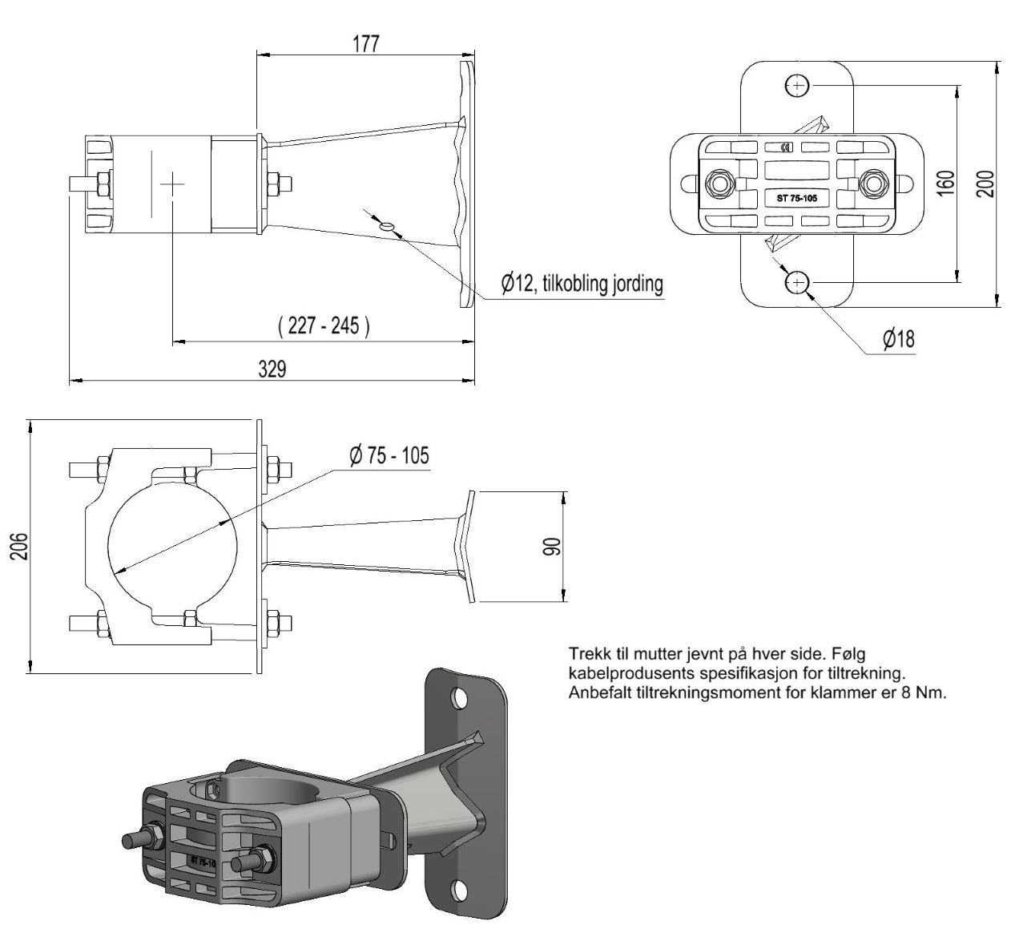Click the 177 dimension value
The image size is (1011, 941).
(x=366, y=43)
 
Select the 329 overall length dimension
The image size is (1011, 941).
(x=272, y=369)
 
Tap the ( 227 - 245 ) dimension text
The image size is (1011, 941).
(x=324, y=325)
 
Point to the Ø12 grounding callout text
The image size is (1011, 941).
(x=582, y=283)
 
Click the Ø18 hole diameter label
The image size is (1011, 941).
(x=899, y=339)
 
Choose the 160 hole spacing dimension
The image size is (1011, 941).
(x=945, y=184)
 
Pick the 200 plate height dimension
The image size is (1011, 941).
(x=985, y=184)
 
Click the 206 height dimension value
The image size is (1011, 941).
(x=20, y=546)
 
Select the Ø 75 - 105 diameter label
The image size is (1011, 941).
(x=389, y=455)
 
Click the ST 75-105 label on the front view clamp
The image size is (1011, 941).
(x=796, y=198)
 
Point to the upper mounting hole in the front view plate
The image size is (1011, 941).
(x=797, y=85)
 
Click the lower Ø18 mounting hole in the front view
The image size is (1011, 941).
(x=796, y=282)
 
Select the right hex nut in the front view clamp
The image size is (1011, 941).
(x=874, y=183)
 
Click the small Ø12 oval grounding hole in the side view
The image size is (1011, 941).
(x=388, y=226)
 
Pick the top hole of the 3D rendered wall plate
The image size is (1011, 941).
(x=460, y=699)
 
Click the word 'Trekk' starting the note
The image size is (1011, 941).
(x=586, y=654)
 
